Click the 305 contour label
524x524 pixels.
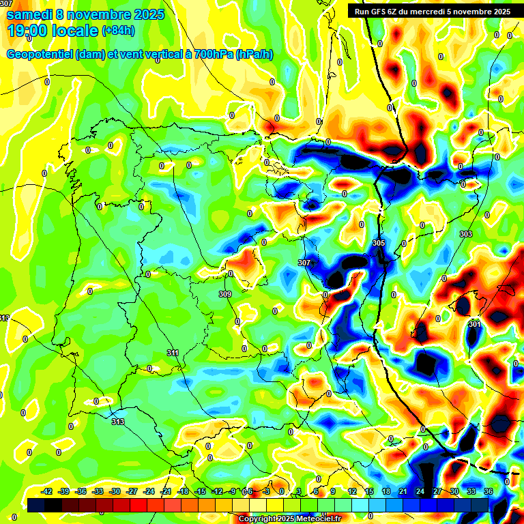point(379,243)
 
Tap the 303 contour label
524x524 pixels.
point(466,234)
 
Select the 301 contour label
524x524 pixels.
point(475,324)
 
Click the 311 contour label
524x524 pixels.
point(173,353)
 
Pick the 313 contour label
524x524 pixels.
point(118,422)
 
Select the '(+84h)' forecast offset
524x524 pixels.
point(118,31)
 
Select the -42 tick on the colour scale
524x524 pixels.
point(47,492)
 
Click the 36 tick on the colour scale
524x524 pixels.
point(489,492)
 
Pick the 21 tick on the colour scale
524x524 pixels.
point(403,492)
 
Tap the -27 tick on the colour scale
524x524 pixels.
point(132,492)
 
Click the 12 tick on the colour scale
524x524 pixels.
point(352,492)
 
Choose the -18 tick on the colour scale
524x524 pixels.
point(183,492)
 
